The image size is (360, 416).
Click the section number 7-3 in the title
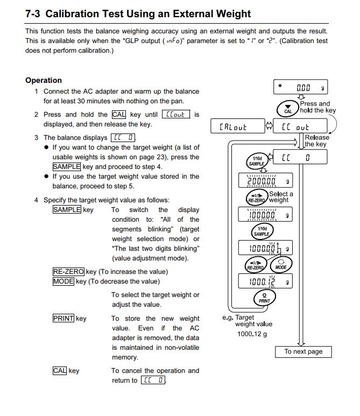(34, 14)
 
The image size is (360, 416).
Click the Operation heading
(44, 80)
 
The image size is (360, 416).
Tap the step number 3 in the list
(36, 138)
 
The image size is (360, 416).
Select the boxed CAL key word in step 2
(118, 115)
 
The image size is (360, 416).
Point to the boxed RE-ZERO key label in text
(68, 272)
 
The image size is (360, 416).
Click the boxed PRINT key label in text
(63, 319)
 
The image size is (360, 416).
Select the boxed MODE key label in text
(63, 281)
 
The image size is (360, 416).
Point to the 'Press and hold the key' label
(317, 107)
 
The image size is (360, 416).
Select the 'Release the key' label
(316, 141)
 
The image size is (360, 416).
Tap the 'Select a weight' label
(280, 197)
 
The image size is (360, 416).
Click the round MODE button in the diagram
(281, 265)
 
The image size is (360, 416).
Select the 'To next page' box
(303, 351)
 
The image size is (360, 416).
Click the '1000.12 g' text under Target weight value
(252, 334)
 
